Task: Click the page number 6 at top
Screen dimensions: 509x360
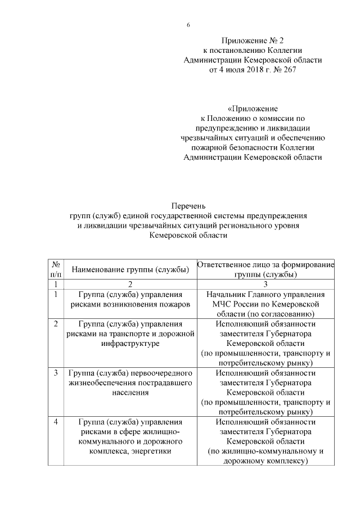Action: click(x=188, y=25)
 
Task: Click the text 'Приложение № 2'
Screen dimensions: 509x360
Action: click(x=253, y=40)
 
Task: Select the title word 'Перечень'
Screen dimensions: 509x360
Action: click(x=188, y=206)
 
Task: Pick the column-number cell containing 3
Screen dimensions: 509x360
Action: click(x=265, y=284)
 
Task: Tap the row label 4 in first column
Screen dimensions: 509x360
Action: click(x=56, y=422)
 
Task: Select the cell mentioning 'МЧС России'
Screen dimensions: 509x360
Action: click(x=265, y=304)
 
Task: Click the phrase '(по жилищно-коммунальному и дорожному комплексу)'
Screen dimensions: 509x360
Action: click(x=265, y=456)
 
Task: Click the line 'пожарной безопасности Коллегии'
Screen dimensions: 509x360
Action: click(x=253, y=147)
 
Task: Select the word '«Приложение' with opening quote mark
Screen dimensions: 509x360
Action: click(x=253, y=107)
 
